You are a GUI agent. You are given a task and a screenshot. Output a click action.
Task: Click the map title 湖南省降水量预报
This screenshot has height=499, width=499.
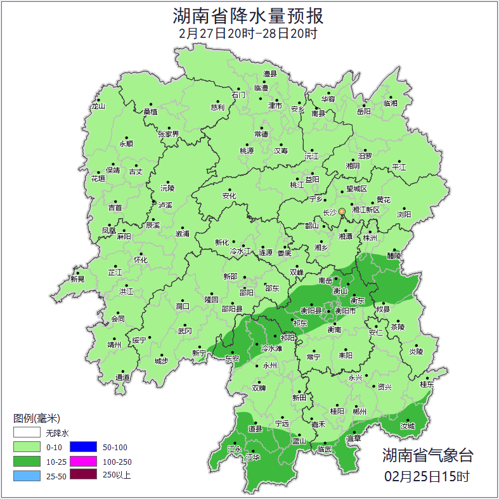tap(249, 15)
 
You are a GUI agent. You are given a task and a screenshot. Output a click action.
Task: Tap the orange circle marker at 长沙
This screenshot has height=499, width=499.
tap(342, 211)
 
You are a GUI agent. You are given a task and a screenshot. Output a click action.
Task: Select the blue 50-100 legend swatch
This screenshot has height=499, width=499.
tap(83, 447)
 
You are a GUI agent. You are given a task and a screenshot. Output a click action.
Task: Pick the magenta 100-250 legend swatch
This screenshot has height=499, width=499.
tap(83, 461)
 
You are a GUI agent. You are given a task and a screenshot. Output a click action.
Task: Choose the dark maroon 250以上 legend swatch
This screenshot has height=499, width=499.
tap(83, 475)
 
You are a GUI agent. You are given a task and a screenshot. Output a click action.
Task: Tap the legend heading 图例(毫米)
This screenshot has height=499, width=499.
tap(36, 418)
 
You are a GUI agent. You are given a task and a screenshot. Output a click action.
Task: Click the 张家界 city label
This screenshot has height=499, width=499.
tap(169, 134)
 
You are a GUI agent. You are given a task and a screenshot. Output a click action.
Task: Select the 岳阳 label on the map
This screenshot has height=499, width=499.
tap(363, 112)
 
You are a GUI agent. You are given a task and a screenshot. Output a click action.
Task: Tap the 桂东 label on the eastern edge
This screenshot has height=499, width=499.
tap(427, 384)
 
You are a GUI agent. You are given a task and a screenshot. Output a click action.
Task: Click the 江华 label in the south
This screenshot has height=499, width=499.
tap(253, 457)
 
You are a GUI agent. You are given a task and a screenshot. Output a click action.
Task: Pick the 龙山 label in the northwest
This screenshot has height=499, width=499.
tap(98, 107)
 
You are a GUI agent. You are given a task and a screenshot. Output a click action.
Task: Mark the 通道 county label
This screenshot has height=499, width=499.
tap(122, 378)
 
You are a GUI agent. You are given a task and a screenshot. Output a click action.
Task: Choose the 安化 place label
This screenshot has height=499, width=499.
tap(229, 196)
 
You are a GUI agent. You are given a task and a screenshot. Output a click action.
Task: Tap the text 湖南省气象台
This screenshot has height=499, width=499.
tap(427, 455)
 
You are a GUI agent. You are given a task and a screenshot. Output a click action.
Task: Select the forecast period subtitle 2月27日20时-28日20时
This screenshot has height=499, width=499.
tap(248, 33)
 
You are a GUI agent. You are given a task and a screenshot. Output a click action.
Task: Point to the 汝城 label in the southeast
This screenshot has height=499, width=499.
tap(407, 426)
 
